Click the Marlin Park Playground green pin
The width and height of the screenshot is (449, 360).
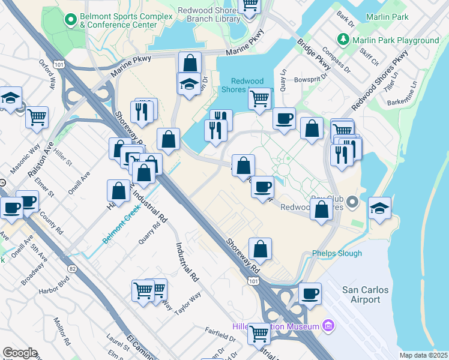coord(343,40)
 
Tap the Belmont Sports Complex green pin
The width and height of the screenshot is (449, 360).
coord(71,20)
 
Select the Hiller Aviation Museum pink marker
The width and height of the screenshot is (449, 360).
coord(328,326)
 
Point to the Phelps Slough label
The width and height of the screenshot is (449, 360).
coord(337,253)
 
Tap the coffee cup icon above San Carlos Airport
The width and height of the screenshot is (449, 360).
coord(310,294)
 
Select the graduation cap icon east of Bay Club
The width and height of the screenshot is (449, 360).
coord(379,208)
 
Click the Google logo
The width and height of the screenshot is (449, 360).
coord(20,353)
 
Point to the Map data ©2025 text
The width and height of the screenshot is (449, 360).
coord(423,355)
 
